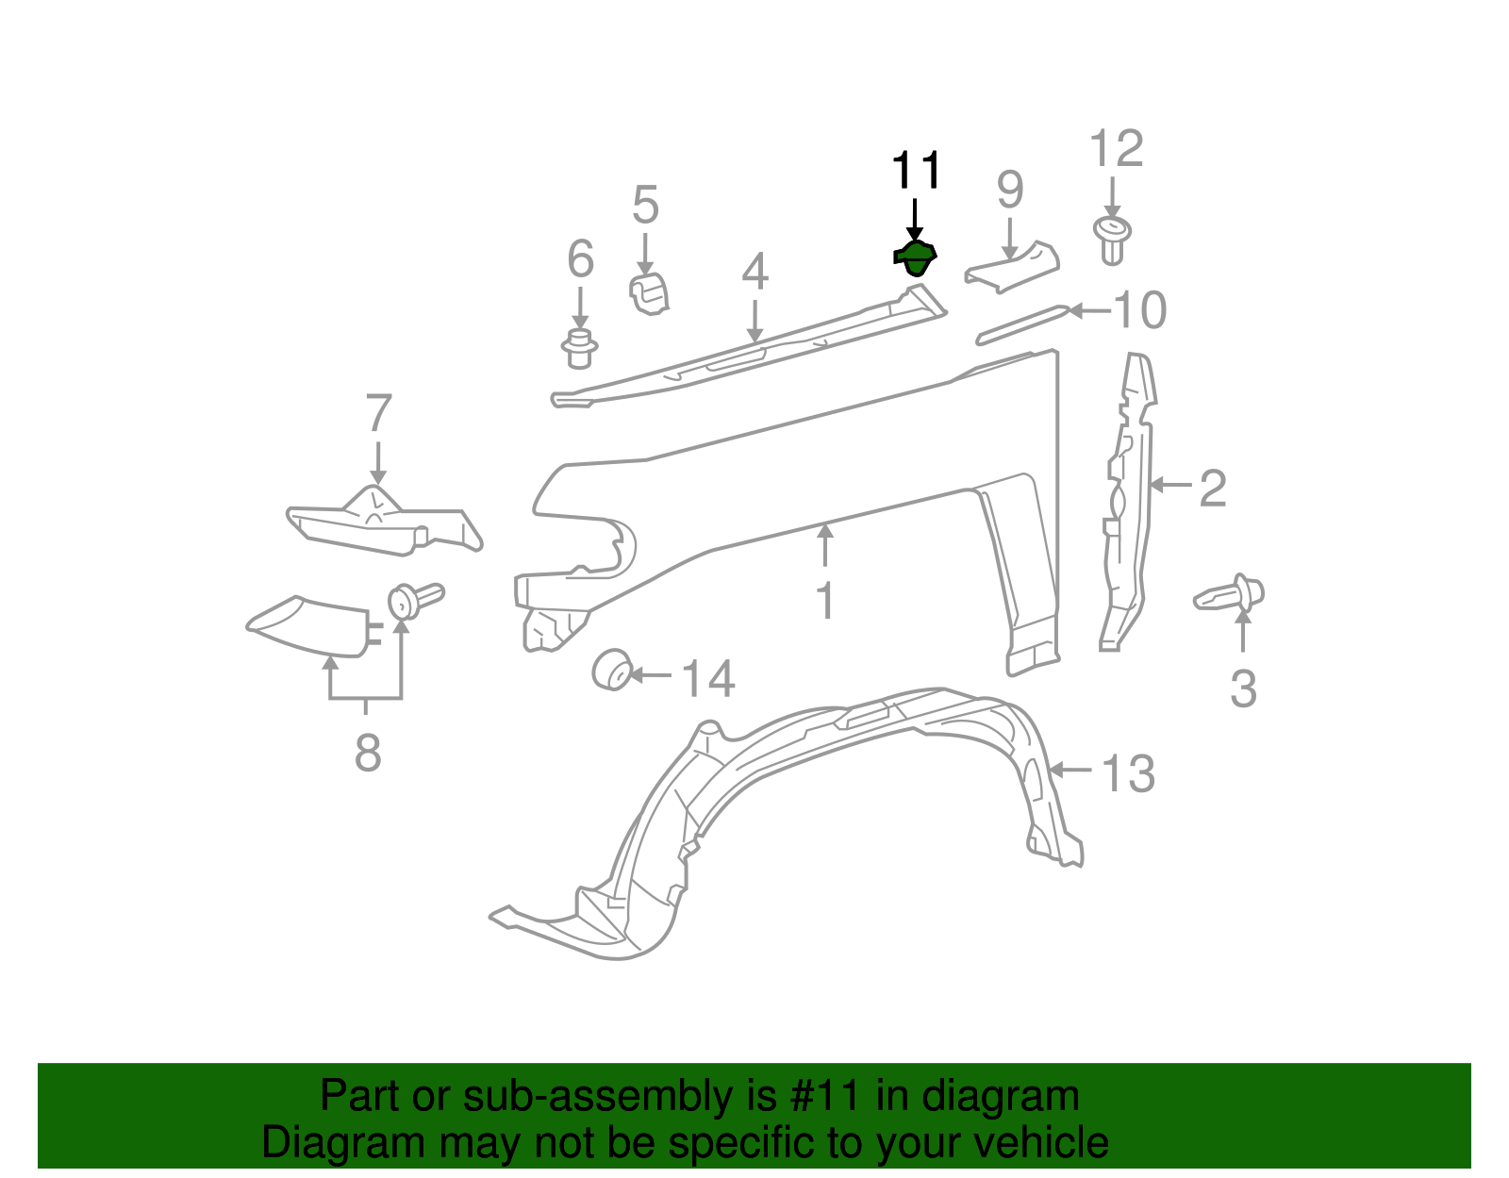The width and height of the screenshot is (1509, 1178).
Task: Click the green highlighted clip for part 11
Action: point(915,257)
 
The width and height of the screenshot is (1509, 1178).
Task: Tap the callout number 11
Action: point(916,172)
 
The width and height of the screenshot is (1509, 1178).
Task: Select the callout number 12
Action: point(1116,149)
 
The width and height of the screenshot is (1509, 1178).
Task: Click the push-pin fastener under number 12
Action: point(1113,240)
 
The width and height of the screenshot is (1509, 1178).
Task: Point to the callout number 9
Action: point(1009,191)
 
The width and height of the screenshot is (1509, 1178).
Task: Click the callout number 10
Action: point(1139,310)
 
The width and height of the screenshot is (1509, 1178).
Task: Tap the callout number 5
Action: point(645,205)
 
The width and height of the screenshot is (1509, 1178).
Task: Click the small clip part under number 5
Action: point(649,292)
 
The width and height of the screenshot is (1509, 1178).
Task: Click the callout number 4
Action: point(754,273)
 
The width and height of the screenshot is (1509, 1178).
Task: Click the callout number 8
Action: point(368,753)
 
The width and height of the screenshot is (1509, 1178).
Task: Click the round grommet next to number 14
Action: point(612,670)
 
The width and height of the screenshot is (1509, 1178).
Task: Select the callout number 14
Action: point(707,679)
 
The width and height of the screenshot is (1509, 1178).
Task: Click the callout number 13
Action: point(1127,773)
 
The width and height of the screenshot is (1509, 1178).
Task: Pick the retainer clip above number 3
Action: point(1232,595)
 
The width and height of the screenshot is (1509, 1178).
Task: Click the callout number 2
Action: point(1212,488)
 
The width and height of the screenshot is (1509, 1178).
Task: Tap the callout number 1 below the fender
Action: point(825,601)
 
